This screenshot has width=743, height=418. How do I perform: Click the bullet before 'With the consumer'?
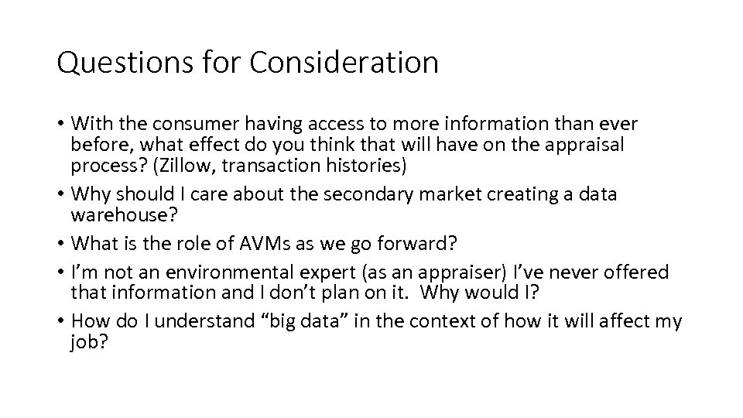60,124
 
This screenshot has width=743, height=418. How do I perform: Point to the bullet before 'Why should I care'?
60,194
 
